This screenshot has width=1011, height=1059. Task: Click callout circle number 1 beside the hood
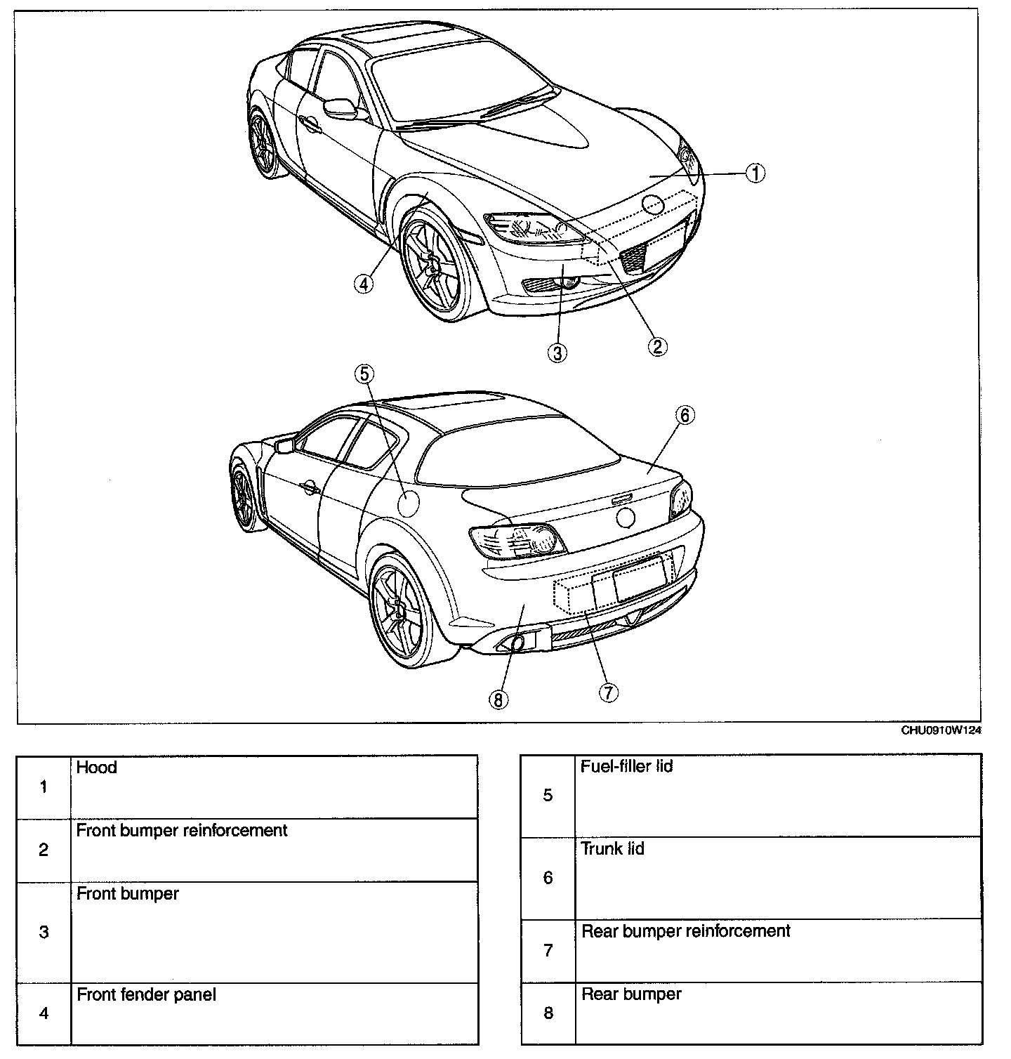755,173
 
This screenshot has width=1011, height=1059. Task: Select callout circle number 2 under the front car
657,346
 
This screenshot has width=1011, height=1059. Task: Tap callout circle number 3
557,352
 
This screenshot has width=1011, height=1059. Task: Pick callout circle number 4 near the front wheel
363,284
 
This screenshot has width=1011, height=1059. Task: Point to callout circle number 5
364,374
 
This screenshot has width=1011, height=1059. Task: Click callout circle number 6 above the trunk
685,415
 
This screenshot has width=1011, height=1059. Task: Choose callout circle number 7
608,692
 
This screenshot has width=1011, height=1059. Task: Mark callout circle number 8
498,699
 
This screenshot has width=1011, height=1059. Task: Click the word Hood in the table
96,768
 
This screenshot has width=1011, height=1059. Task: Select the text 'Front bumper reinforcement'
182,831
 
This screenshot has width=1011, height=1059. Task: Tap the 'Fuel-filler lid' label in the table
626,766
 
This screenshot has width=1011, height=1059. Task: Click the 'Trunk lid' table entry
612,849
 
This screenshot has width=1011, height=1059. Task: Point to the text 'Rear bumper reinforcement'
686,931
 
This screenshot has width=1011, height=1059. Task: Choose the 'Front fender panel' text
146,995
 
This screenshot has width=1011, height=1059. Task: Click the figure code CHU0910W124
941,731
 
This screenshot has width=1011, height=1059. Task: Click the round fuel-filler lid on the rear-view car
408,504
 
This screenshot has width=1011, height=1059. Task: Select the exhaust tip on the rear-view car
517,643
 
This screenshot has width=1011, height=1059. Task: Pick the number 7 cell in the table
548,951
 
